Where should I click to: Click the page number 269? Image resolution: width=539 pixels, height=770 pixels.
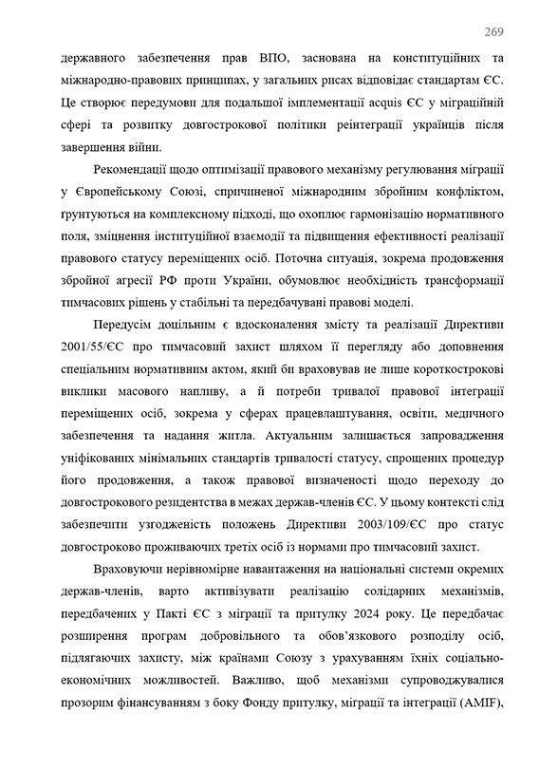[493, 32]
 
